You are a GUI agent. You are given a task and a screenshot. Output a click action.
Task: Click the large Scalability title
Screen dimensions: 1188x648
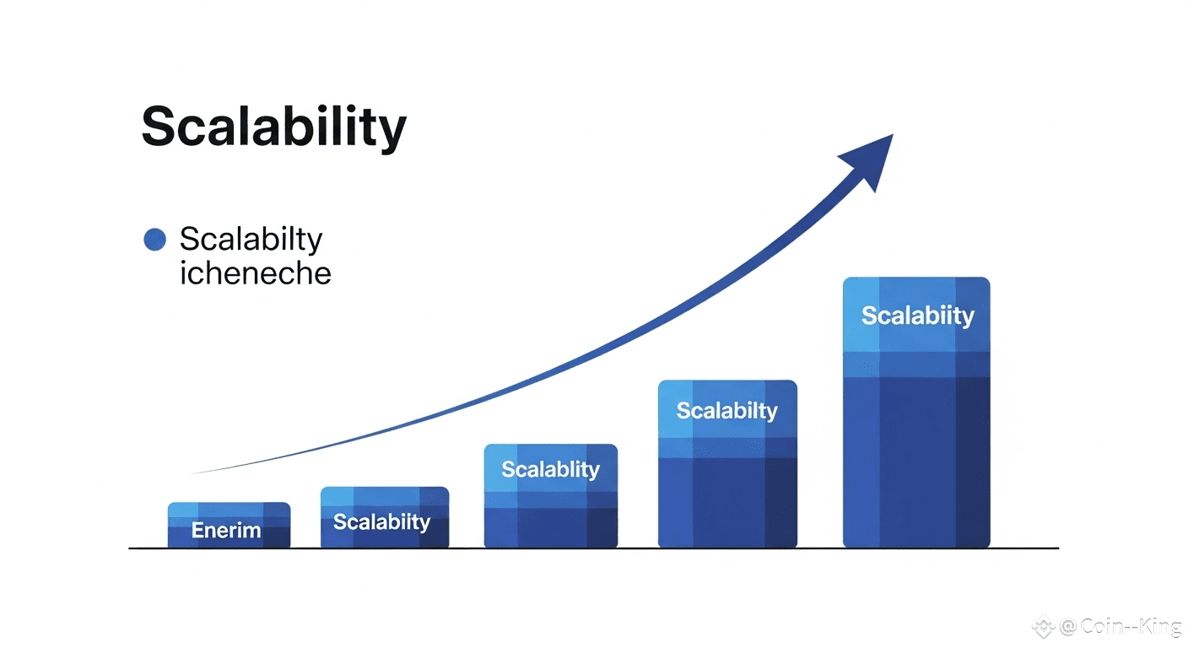[273, 127]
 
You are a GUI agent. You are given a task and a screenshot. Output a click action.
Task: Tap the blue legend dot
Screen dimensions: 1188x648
[155, 239]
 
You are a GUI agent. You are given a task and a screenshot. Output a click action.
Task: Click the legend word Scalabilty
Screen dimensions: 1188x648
[251, 240]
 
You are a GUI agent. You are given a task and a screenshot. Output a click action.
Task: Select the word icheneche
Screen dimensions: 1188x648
[255, 273]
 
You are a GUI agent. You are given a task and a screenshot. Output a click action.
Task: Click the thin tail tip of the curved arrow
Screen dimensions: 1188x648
[191, 473]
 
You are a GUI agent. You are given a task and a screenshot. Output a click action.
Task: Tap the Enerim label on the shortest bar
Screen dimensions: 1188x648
[226, 530]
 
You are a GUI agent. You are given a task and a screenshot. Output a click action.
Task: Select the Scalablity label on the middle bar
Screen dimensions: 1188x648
[550, 470]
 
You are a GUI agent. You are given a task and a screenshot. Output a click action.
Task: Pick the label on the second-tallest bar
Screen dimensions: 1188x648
[727, 411]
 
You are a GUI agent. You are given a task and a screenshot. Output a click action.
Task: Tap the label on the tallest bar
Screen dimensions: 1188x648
[917, 316]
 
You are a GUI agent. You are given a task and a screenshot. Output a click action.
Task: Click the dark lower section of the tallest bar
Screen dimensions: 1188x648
[916, 462]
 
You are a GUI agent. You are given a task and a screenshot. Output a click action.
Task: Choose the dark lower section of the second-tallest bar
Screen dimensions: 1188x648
[727, 502]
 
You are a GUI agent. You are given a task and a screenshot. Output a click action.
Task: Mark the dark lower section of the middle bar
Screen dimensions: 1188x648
[550, 527]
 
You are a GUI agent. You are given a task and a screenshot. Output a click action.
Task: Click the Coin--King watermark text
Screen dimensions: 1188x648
[1131, 627]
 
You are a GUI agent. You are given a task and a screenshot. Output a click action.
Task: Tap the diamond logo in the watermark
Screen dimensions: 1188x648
[1044, 627]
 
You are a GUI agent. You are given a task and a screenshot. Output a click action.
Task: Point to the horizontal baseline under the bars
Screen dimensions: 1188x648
[593, 548]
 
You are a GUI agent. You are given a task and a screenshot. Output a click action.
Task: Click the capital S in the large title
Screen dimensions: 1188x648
[159, 127]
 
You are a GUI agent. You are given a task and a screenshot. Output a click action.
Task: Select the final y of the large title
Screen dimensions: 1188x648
[390, 133]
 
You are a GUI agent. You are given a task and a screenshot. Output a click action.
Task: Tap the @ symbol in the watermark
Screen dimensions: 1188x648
[1068, 627]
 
